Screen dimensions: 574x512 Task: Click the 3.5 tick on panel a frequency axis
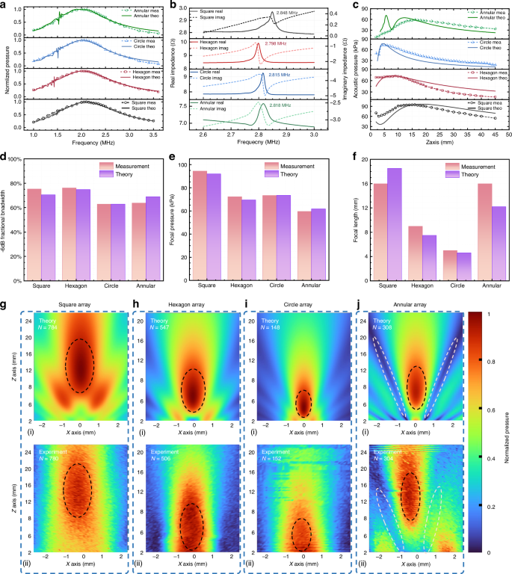[155, 138]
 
